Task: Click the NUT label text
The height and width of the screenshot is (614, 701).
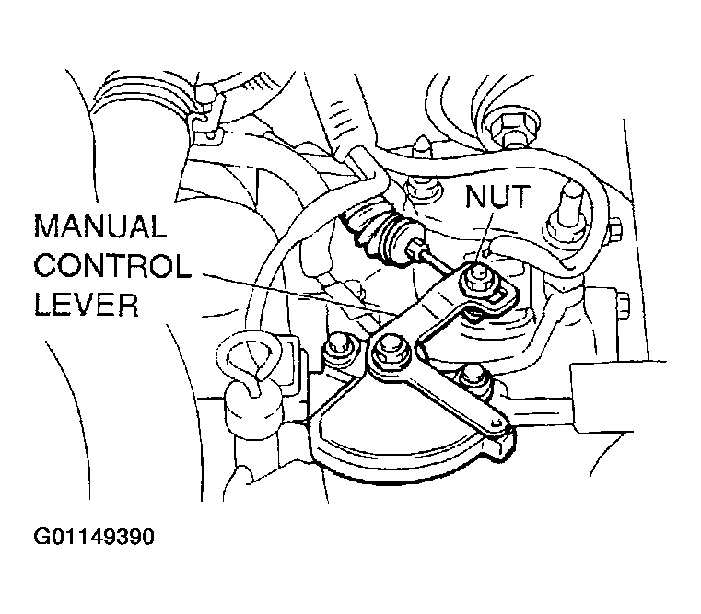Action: coord(497,197)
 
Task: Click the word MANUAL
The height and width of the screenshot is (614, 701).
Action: coord(100,226)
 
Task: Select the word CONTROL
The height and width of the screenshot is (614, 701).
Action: coord(112,266)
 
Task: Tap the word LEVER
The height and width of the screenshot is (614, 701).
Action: coord(87,305)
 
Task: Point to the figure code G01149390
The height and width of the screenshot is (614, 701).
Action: coord(94,537)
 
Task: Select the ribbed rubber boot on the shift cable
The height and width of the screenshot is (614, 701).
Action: coord(380,230)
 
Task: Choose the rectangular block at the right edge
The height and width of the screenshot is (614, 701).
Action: coord(618,398)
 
